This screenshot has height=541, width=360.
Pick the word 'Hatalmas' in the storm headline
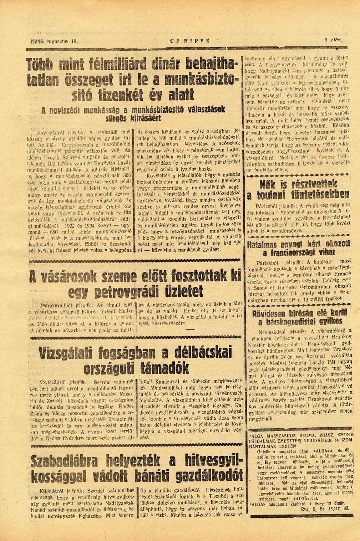pyautogui.click(x=263, y=245)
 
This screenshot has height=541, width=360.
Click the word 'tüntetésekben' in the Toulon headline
pyautogui.click(x=320, y=195)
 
